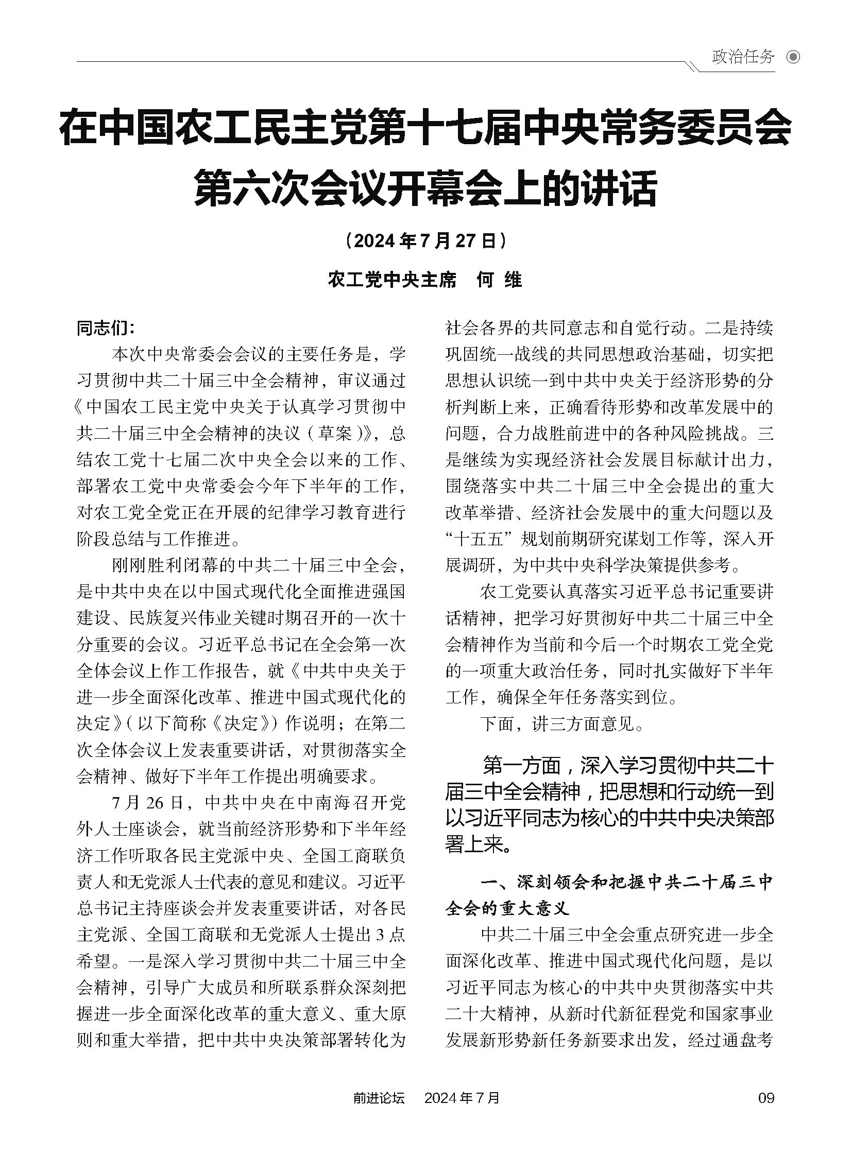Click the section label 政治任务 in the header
pos(743,57)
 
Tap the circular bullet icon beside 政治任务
pos(793,57)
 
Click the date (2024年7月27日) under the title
pos(425,241)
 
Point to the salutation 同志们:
pos(106,329)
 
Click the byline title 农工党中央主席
pos(393,280)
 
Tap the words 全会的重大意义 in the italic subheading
pos(507,908)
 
